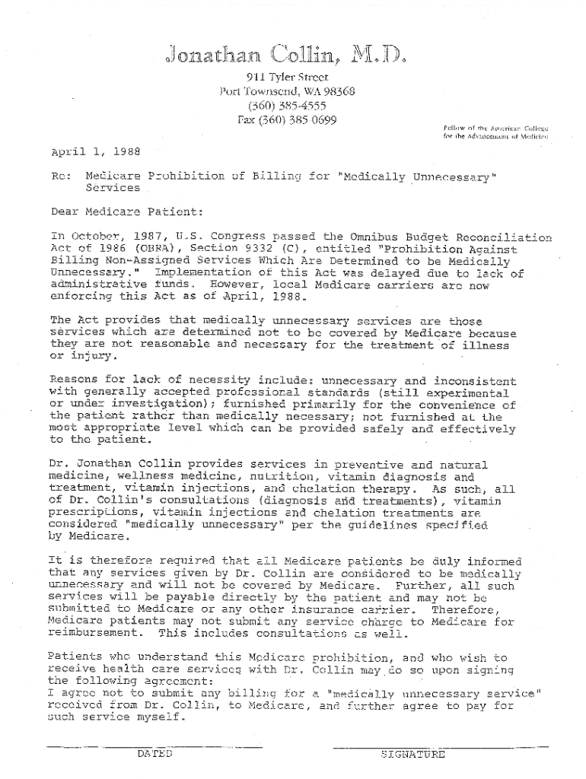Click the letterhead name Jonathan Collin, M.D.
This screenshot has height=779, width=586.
[282, 56]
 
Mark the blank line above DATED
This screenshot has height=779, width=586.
[154, 744]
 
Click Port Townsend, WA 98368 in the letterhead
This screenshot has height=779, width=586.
[287, 92]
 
